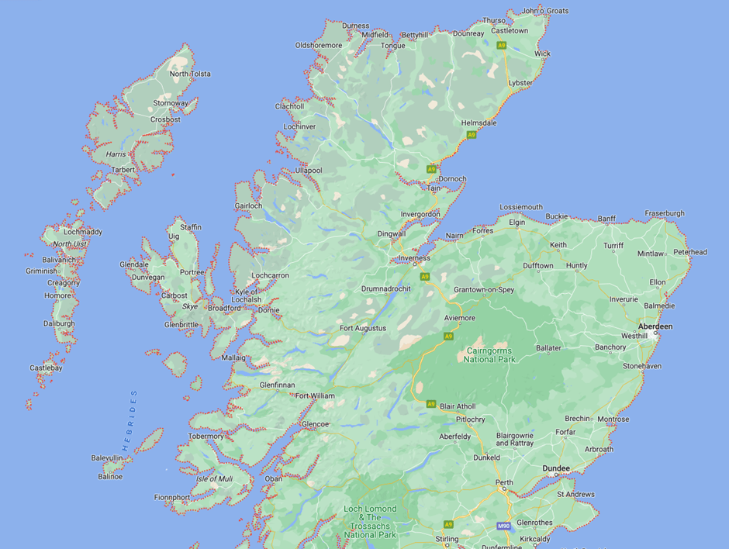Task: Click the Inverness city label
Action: (414, 258)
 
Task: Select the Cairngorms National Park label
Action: (490, 354)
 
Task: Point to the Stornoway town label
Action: (171, 103)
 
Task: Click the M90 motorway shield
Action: (504, 527)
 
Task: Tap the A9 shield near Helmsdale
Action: (471, 135)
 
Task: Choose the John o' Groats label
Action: (545, 11)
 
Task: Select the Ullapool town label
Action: (309, 170)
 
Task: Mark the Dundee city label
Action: (556, 468)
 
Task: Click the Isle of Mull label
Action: (214, 478)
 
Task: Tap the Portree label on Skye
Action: (192, 272)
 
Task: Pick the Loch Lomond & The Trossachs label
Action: (370, 521)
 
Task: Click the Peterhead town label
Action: (690, 252)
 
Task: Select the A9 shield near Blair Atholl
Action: (431, 404)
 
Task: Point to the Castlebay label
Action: (46, 368)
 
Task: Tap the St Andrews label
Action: (575, 494)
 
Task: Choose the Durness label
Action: (355, 26)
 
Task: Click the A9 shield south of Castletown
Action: (502, 46)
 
